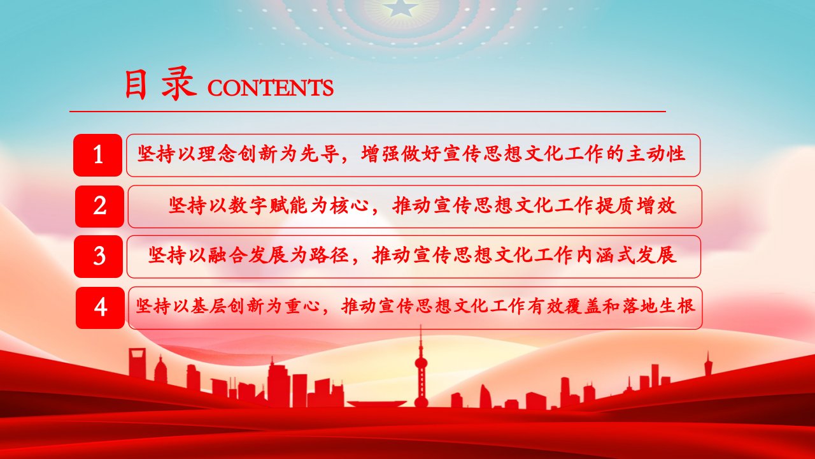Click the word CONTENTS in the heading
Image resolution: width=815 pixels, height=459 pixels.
click(271, 88)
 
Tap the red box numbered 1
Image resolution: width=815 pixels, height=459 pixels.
click(97, 155)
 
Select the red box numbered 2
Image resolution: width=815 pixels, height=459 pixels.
click(99, 206)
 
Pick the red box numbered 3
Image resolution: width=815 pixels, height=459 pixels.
click(98, 256)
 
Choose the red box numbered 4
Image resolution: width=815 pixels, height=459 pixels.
click(100, 308)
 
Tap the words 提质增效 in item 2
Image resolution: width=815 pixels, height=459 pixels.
click(635, 206)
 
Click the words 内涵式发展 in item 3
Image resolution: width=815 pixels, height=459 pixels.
click(627, 255)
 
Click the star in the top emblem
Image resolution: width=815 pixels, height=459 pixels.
click(400, 7)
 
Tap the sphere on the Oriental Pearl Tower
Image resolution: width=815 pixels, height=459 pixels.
click(421, 363)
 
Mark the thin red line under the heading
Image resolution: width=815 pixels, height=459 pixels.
click(367, 112)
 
